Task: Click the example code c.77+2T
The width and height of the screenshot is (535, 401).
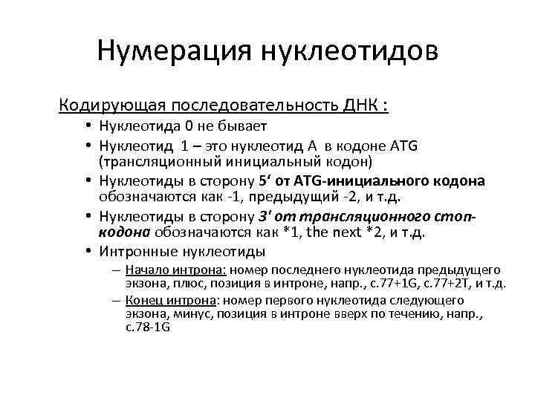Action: tap(452, 283)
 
